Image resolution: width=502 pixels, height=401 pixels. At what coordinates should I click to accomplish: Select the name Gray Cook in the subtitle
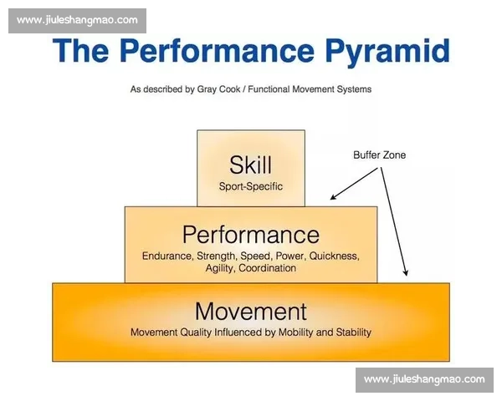click(x=218, y=89)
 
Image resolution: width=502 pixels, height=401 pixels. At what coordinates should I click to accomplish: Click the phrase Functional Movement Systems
click(x=310, y=89)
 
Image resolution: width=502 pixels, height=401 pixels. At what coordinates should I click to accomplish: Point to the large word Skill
click(x=251, y=165)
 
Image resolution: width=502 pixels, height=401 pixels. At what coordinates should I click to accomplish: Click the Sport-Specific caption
click(x=251, y=186)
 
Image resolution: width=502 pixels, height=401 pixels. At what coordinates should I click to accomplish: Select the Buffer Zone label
click(x=379, y=155)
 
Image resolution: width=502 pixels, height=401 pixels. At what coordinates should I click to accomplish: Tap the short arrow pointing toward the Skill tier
click(x=354, y=184)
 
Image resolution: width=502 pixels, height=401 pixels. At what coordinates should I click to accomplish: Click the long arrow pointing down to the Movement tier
click(x=394, y=221)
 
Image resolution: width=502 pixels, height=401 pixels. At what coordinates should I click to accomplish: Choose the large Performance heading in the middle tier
click(x=251, y=235)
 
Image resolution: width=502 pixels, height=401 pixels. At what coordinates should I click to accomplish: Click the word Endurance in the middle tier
click(x=167, y=256)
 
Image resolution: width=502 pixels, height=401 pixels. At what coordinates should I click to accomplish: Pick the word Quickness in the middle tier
click(x=334, y=256)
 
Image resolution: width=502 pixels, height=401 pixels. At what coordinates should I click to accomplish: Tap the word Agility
click(x=220, y=268)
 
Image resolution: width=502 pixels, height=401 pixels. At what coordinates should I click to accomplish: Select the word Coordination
click(x=268, y=268)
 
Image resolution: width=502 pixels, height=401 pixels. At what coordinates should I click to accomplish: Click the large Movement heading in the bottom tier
click(x=251, y=311)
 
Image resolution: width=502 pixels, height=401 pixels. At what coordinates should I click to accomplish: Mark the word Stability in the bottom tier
click(x=353, y=332)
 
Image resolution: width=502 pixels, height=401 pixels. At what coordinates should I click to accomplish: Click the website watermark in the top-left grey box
click(x=77, y=20)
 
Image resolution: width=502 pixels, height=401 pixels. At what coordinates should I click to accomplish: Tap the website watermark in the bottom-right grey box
click(x=424, y=379)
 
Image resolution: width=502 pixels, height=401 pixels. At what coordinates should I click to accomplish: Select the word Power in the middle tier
click(x=289, y=256)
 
